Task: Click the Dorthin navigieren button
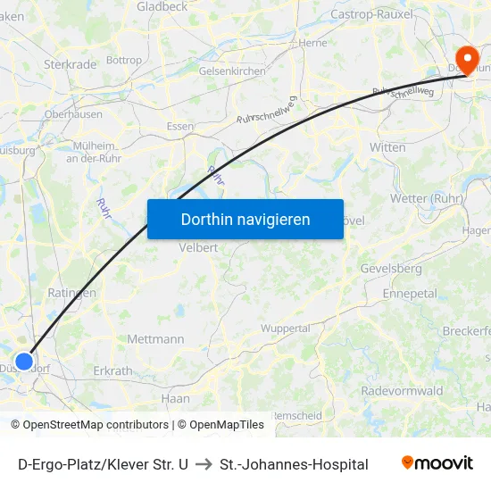pyautogui.click(x=245, y=219)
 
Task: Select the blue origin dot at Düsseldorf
pyautogui.click(x=25, y=362)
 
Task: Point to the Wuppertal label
pyautogui.click(x=286, y=329)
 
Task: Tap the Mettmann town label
pyautogui.click(x=155, y=339)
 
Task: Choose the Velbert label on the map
pyautogui.click(x=199, y=248)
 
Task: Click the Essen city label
pyautogui.click(x=180, y=127)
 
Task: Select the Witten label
pyautogui.click(x=387, y=146)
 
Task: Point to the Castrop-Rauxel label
pyautogui.click(x=372, y=14)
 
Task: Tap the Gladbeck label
pyautogui.click(x=162, y=6)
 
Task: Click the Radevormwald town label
pyautogui.click(x=402, y=391)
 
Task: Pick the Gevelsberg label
pyautogui.click(x=391, y=268)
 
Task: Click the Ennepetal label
pyautogui.click(x=409, y=293)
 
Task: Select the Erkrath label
pyautogui.click(x=112, y=370)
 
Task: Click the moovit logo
pyautogui.click(x=437, y=463)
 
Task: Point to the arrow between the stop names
pyautogui.click(x=204, y=464)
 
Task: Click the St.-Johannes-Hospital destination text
pyautogui.click(x=294, y=464)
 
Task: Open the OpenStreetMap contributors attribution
pyautogui.click(x=96, y=425)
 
